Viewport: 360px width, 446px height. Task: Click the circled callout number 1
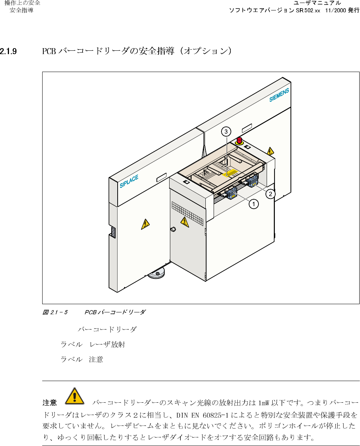[254, 204]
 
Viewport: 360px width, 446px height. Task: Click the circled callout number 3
[226, 131]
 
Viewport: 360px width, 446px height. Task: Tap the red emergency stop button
[239, 141]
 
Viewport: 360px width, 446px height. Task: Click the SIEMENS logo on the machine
[279, 95]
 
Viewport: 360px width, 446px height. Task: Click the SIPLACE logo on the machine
[129, 181]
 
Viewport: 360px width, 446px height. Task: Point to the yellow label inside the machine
[230, 172]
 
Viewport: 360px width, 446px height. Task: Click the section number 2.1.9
[9, 51]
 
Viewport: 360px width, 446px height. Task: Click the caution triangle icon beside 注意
[75, 396]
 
